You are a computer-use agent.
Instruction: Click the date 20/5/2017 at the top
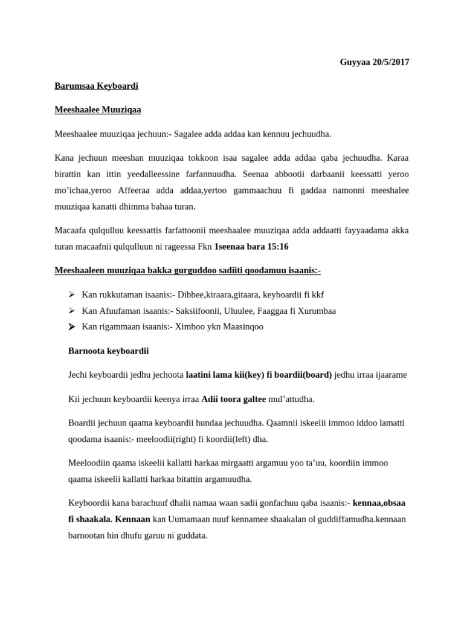point(391,62)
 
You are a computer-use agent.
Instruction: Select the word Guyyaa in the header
point(355,62)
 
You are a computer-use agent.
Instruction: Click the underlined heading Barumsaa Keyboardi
point(96,86)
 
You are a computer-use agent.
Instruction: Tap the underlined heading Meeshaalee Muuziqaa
point(98,109)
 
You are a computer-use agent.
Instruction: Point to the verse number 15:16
point(276,247)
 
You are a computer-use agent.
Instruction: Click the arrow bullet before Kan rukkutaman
point(71,294)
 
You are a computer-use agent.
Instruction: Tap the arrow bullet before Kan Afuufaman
point(71,311)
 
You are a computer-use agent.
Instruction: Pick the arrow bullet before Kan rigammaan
point(71,326)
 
